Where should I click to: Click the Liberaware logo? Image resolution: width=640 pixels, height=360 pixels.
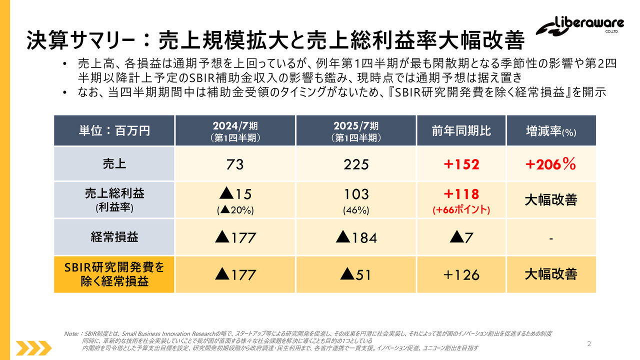click(580, 27)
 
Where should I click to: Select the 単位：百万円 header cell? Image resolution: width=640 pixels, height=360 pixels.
click(114, 130)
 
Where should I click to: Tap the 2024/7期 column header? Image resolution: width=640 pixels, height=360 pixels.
click(235, 130)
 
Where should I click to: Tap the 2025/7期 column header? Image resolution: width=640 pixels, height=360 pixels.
click(356, 130)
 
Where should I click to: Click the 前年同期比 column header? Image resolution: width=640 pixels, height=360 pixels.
click(461, 130)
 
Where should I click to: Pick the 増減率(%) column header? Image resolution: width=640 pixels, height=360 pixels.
click(551, 131)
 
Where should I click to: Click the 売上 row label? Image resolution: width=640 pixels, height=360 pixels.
click(114, 163)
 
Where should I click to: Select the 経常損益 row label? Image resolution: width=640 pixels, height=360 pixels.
click(114, 237)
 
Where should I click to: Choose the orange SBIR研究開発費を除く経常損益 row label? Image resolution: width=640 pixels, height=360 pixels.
click(114, 274)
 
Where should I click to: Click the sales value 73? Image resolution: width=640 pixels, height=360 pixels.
click(235, 164)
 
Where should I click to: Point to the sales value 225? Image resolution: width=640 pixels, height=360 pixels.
click(356, 164)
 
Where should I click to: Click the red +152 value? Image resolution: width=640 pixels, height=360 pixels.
click(461, 164)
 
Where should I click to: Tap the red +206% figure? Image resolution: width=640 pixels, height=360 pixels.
click(551, 164)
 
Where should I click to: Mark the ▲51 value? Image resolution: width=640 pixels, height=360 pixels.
click(356, 274)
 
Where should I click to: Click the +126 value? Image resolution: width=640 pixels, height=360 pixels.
click(461, 274)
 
